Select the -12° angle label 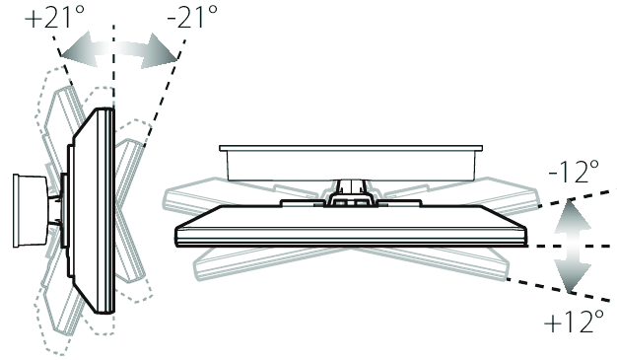click(574, 172)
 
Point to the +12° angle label click(574, 321)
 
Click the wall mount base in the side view click(30, 211)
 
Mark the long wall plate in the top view click(351, 163)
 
